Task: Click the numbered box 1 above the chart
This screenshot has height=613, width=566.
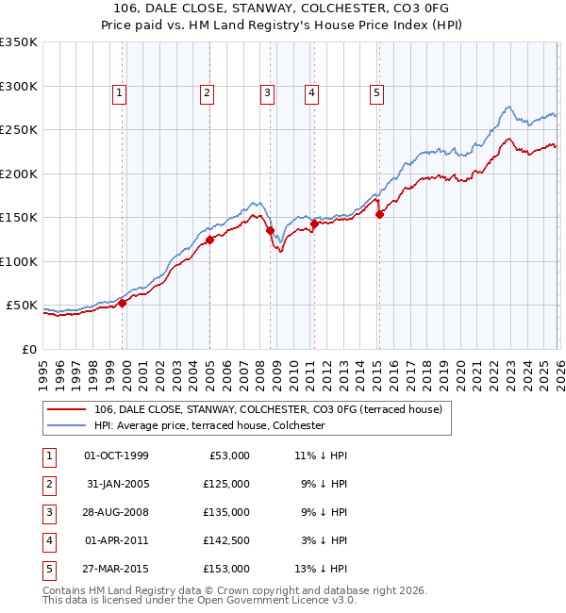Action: click(x=121, y=92)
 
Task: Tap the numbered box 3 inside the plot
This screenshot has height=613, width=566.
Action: click(x=268, y=92)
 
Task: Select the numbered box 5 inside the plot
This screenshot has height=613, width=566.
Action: click(x=376, y=92)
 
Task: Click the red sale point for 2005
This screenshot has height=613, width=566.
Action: click(x=210, y=240)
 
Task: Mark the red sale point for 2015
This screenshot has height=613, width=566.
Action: click(x=379, y=215)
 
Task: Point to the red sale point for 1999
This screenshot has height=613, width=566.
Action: click(x=122, y=303)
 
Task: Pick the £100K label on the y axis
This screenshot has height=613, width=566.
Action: click(x=20, y=261)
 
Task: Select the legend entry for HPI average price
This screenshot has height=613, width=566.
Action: click(x=208, y=425)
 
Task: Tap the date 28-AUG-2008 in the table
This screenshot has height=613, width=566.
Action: click(x=117, y=512)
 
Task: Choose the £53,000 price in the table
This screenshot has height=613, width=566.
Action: click(x=226, y=456)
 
